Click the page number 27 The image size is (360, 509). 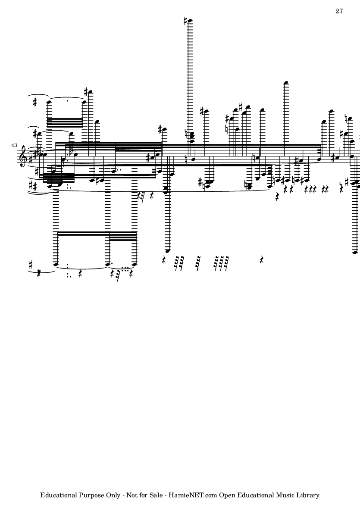(x=339, y=11)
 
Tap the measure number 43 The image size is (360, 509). (x=14, y=145)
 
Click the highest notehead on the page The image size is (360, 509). (x=190, y=22)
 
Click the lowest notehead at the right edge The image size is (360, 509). (x=355, y=252)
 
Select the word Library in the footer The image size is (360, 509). (x=308, y=495)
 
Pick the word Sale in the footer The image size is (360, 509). (x=156, y=495)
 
